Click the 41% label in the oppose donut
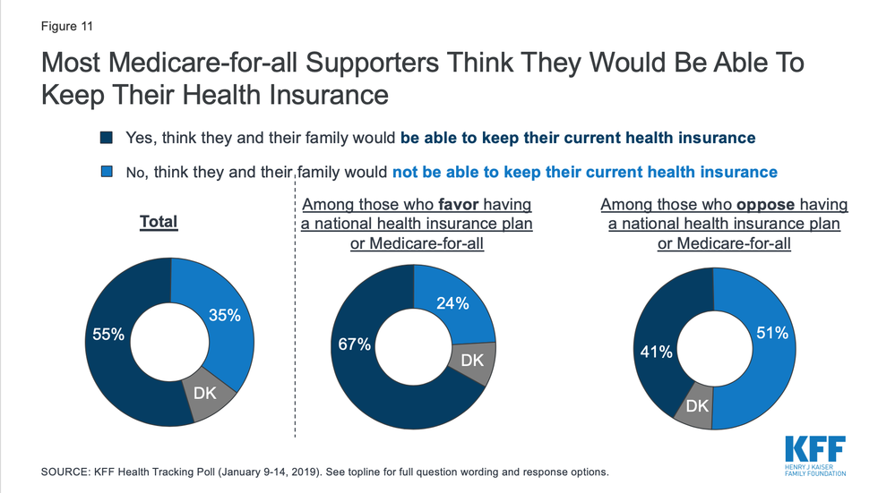pyautogui.click(x=655, y=352)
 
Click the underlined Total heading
pyautogui.click(x=159, y=222)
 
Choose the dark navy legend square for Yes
pyautogui.click(x=107, y=139)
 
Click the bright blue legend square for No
pyautogui.click(x=107, y=171)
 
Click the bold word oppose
pyautogui.click(x=762, y=204)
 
